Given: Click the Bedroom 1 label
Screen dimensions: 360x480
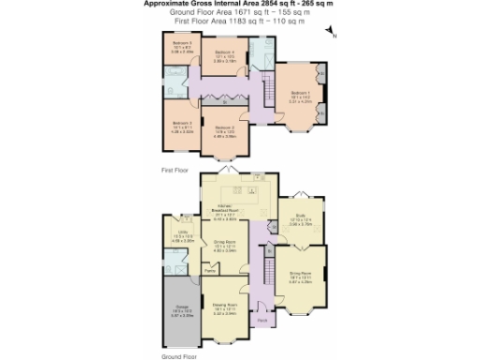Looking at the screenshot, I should click(x=300, y=94).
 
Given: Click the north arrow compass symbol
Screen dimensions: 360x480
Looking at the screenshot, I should click(x=334, y=33).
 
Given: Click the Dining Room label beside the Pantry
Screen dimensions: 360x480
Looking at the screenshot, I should click(x=225, y=247).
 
